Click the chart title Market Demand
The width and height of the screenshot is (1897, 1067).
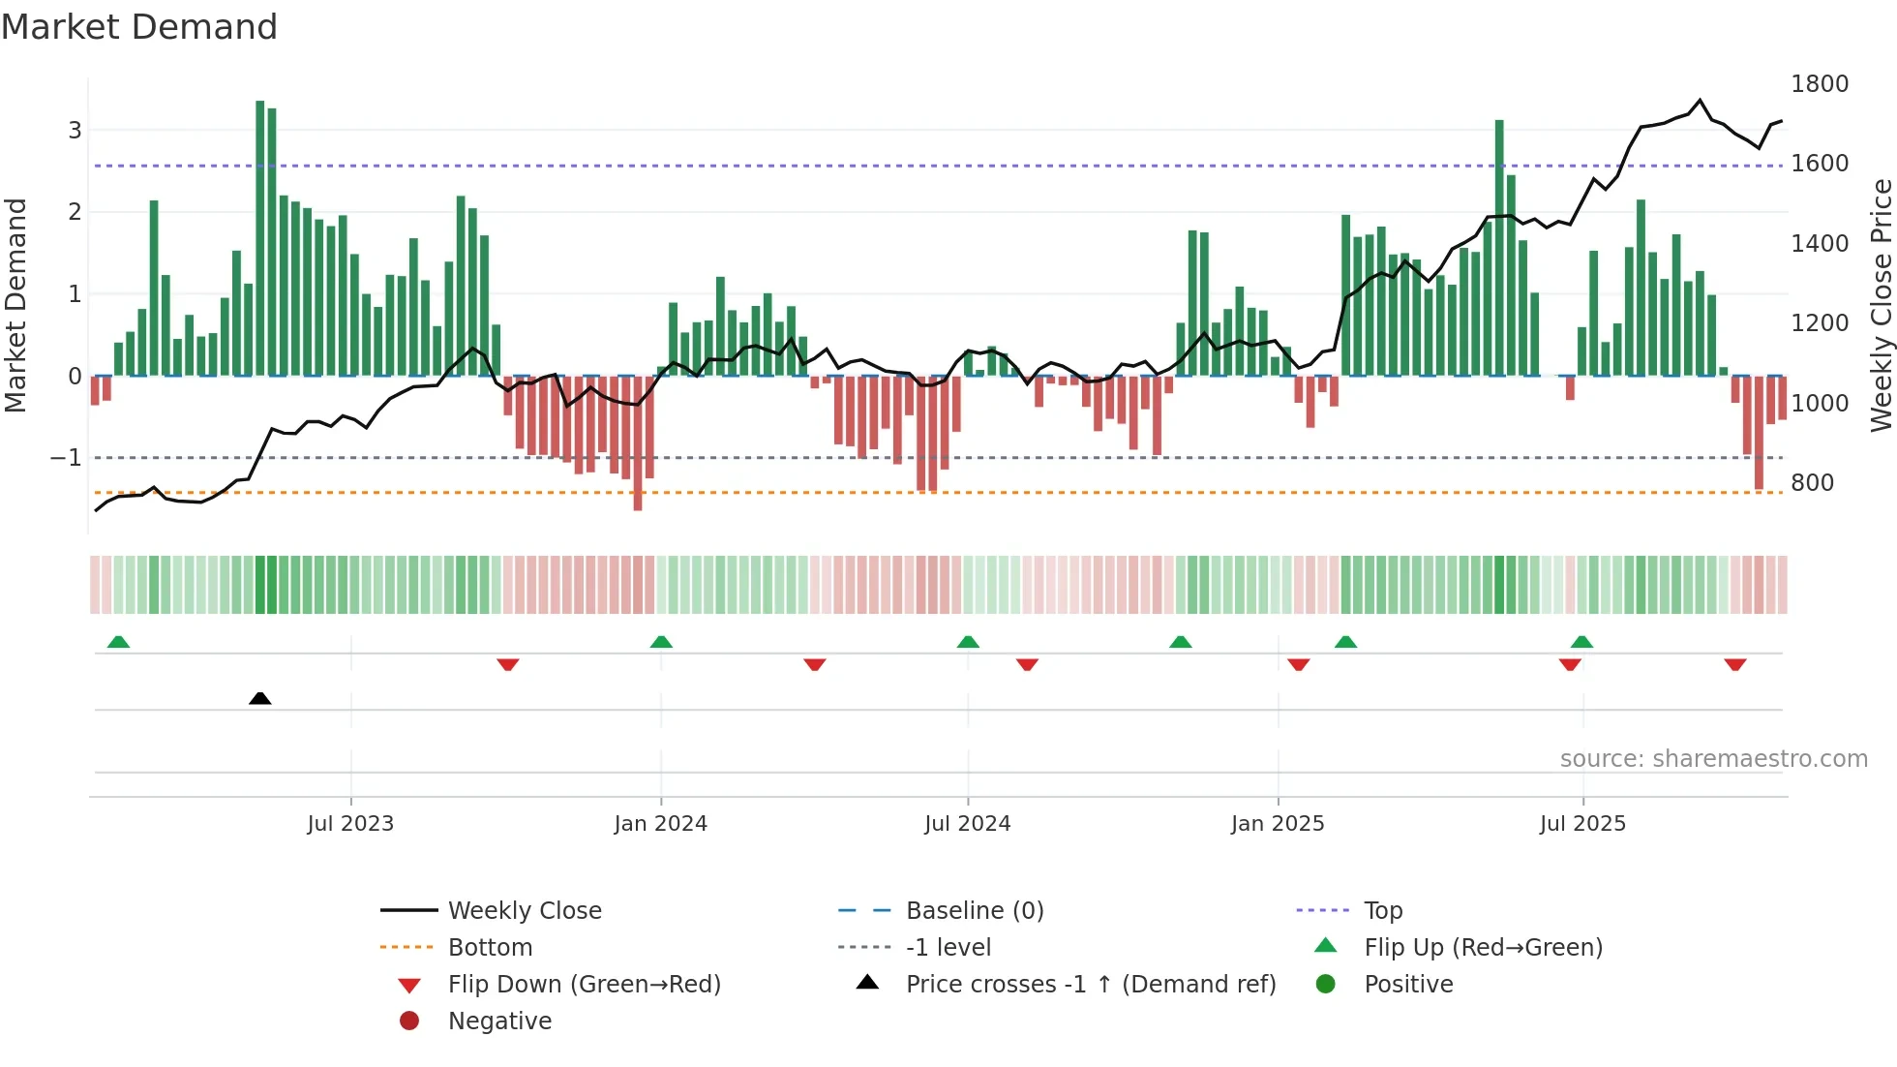(x=139, y=27)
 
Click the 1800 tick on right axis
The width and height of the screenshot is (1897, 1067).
(x=1819, y=84)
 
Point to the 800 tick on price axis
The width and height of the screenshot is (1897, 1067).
(x=1812, y=482)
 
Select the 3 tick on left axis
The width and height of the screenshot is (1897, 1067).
(x=75, y=130)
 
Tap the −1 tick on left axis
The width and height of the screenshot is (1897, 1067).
(x=66, y=457)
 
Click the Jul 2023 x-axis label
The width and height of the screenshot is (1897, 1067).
(x=350, y=824)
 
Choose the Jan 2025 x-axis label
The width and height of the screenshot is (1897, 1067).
(x=1277, y=824)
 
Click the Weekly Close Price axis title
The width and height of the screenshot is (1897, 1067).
(x=1881, y=305)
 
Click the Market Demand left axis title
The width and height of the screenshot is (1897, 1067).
(x=15, y=305)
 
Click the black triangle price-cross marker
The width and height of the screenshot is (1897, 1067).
(x=259, y=698)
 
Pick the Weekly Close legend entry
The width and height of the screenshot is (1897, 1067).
(x=524, y=910)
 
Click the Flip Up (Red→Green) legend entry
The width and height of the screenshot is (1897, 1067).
(x=1482, y=947)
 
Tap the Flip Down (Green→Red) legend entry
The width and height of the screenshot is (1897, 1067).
(x=584, y=984)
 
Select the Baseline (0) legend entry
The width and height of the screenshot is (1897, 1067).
(x=974, y=910)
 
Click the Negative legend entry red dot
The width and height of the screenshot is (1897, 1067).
(x=409, y=1021)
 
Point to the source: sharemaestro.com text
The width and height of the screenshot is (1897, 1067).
(x=1713, y=759)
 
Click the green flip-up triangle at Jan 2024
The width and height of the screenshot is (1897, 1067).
(x=661, y=642)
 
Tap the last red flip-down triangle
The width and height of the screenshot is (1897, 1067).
(x=1734, y=664)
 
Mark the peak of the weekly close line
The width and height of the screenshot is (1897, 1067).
(x=1700, y=100)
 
